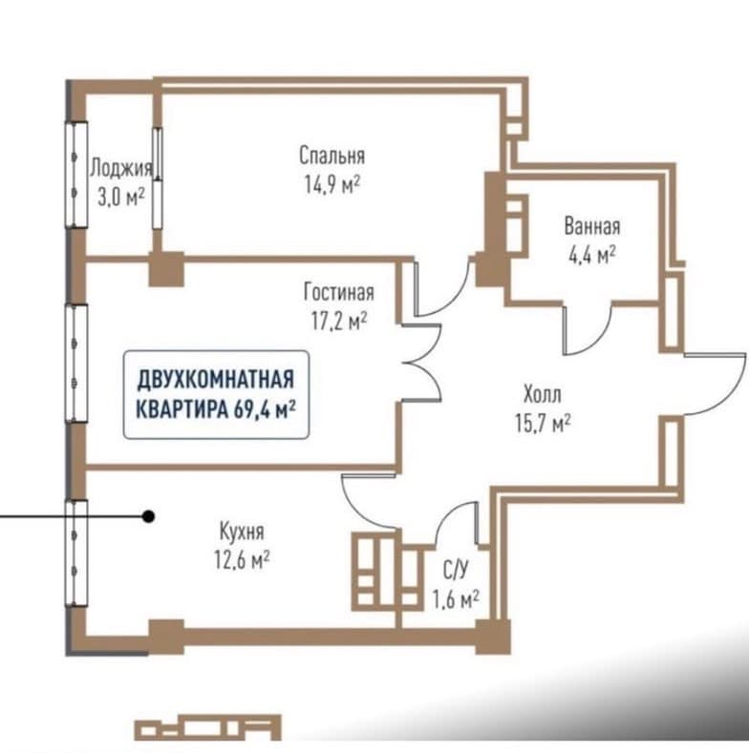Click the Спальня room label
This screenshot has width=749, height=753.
[x=332, y=156]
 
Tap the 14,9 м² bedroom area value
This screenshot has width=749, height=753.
[x=332, y=184]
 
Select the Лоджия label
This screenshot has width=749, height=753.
[x=121, y=169]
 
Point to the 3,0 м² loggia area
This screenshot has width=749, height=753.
[x=121, y=197]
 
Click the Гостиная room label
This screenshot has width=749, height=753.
[x=339, y=292]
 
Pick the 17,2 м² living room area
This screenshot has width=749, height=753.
[x=339, y=321]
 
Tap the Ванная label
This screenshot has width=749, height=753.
[x=592, y=226]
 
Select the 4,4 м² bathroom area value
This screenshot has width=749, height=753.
[x=592, y=255]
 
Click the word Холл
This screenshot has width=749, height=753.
[x=543, y=395]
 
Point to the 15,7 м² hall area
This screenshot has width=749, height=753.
[x=544, y=423]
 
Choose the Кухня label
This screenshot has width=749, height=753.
[x=242, y=532]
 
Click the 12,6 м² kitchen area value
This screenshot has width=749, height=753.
[x=242, y=559]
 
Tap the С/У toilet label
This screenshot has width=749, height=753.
[x=456, y=570]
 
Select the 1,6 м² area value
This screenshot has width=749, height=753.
[x=456, y=598]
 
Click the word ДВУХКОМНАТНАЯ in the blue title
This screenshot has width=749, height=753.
[x=216, y=380]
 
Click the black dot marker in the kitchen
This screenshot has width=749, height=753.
[x=149, y=516]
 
